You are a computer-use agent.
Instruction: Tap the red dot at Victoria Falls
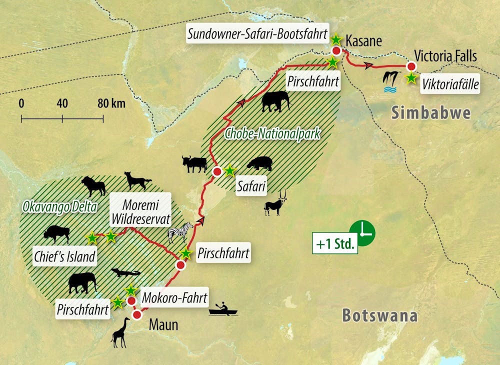pos(411,66)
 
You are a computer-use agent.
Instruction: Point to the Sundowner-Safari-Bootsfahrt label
pos(257,34)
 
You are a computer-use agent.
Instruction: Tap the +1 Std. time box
pos(335,244)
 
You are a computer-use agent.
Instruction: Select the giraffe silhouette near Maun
pos(120,332)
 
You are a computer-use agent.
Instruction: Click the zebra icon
pos(180,231)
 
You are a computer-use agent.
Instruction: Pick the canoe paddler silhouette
pos(223,309)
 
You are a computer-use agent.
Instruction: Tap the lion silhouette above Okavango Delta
pos(94,186)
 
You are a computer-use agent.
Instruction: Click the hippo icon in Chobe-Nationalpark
pos(259,163)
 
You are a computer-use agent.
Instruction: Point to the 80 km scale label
pos(111,104)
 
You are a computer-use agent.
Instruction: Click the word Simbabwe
pos(431,112)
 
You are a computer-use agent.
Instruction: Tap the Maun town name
pos(163,325)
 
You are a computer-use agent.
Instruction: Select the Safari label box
pos(251,187)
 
